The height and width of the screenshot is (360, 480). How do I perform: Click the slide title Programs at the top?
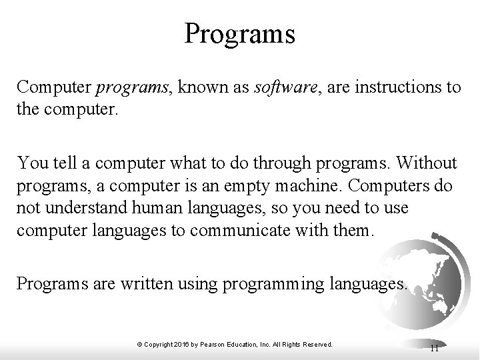(240, 33)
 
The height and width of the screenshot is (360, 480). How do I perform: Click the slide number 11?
(434, 347)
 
